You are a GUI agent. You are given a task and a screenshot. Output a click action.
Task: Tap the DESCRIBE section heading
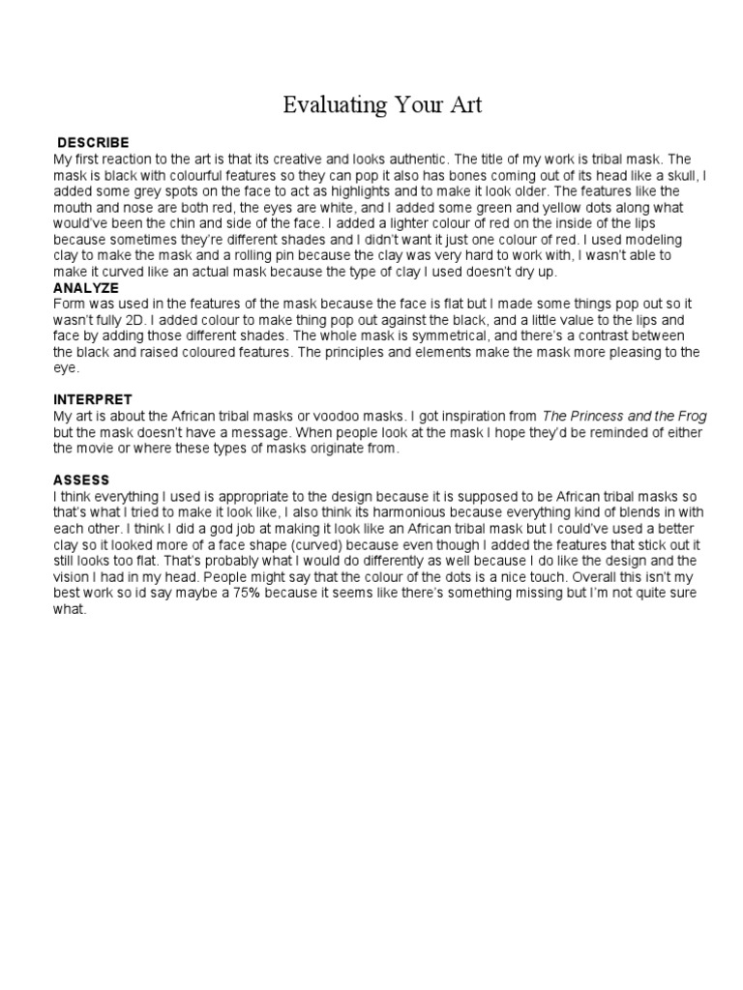click(x=93, y=143)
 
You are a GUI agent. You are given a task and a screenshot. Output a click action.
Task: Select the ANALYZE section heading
click(x=87, y=288)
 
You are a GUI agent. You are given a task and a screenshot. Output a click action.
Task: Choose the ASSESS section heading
click(x=81, y=480)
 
